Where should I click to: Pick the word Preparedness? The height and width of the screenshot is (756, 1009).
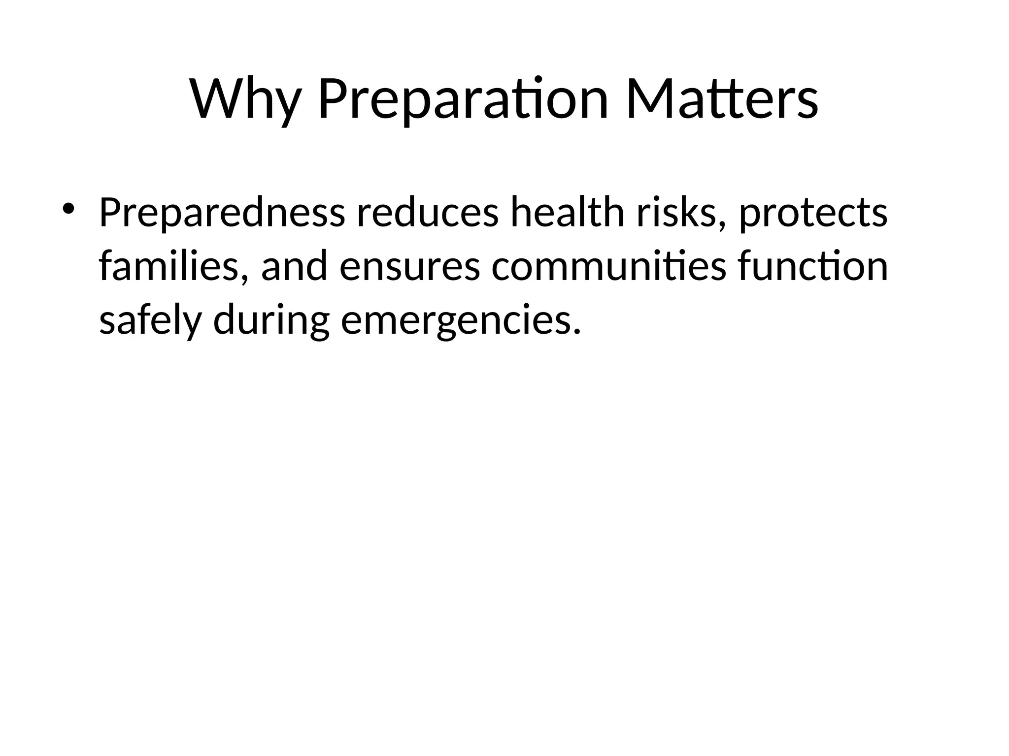[x=222, y=214]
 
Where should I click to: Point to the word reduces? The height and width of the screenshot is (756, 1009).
[x=427, y=214]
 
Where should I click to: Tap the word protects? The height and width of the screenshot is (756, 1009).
[x=813, y=214]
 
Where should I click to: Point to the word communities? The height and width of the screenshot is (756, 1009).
[x=608, y=267]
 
